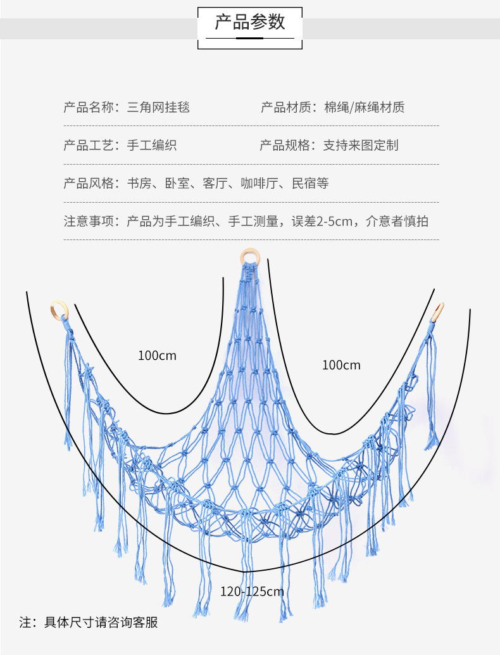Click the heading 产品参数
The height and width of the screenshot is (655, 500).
[x=250, y=22]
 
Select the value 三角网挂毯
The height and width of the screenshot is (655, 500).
[x=158, y=107]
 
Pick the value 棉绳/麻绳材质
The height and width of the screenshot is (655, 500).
[x=364, y=107]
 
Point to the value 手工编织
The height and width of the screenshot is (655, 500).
[x=152, y=145]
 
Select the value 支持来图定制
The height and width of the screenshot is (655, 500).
[x=361, y=145]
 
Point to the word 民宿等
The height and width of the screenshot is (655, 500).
[x=310, y=184]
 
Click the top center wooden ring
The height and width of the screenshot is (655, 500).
[x=249, y=257]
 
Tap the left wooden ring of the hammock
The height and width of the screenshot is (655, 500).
[x=58, y=310]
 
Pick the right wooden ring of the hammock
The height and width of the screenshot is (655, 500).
[x=438, y=311]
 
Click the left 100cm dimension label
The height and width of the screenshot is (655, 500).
[x=157, y=356]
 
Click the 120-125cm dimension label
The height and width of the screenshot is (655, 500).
[x=252, y=592]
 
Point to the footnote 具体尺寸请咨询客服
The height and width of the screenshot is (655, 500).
[x=101, y=622]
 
